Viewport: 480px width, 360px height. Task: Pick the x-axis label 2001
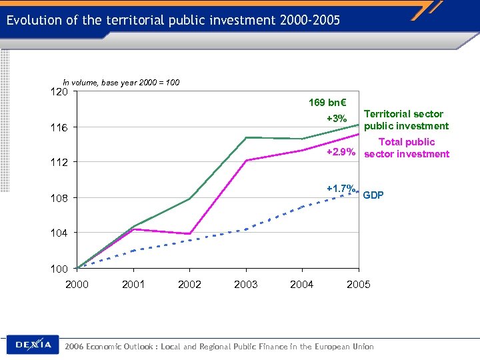coord(133,285)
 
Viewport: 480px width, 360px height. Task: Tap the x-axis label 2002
coord(189,285)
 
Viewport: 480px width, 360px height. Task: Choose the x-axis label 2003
coord(246,285)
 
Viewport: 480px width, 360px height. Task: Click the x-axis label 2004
coord(302,285)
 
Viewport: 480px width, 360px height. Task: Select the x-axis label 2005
coord(358,285)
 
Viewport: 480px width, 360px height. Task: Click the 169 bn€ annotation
coord(327,103)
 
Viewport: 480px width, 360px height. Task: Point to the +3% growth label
coord(337,119)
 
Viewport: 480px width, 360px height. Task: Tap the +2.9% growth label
coord(340,153)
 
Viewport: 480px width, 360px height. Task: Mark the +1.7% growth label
coord(341,188)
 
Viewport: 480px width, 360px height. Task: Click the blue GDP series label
coord(373,195)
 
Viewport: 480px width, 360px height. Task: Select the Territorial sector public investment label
coord(406,120)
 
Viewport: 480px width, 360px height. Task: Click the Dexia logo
coord(33,345)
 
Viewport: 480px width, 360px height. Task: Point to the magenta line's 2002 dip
coord(190,234)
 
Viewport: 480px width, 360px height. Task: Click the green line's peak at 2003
coord(246,137)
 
